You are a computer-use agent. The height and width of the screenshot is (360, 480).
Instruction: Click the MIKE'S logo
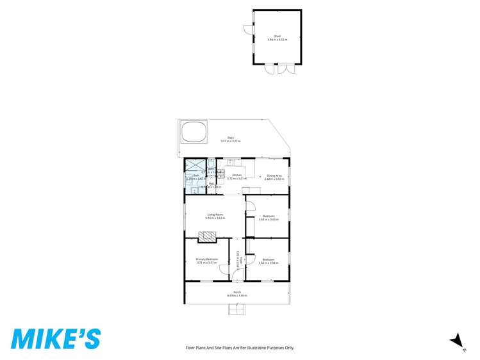point(56,338)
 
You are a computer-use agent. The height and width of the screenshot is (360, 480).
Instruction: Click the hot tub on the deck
point(194,133)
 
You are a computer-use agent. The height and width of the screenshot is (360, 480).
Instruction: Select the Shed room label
point(277,37)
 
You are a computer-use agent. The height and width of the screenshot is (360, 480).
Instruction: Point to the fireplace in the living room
point(206,237)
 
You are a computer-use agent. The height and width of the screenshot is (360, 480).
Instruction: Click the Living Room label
point(215,216)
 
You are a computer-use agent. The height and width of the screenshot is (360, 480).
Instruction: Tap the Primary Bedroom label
point(207,260)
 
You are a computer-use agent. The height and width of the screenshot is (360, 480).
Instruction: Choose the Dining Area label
point(274,177)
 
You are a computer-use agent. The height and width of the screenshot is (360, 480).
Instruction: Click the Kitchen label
point(236,177)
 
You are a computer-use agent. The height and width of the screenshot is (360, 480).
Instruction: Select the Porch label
point(236,294)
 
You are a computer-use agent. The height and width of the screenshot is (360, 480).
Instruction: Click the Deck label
point(230,139)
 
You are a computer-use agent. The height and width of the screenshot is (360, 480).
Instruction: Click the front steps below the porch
point(236,310)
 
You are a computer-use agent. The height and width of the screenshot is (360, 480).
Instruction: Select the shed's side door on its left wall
point(248,29)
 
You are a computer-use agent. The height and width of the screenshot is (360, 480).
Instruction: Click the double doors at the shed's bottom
point(279,69)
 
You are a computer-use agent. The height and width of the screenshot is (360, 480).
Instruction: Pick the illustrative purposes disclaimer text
point(240,347)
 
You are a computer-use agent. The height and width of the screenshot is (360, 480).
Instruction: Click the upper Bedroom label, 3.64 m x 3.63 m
point(269,218)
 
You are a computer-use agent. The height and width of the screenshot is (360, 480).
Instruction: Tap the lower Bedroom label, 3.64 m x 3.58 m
point(269,261)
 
